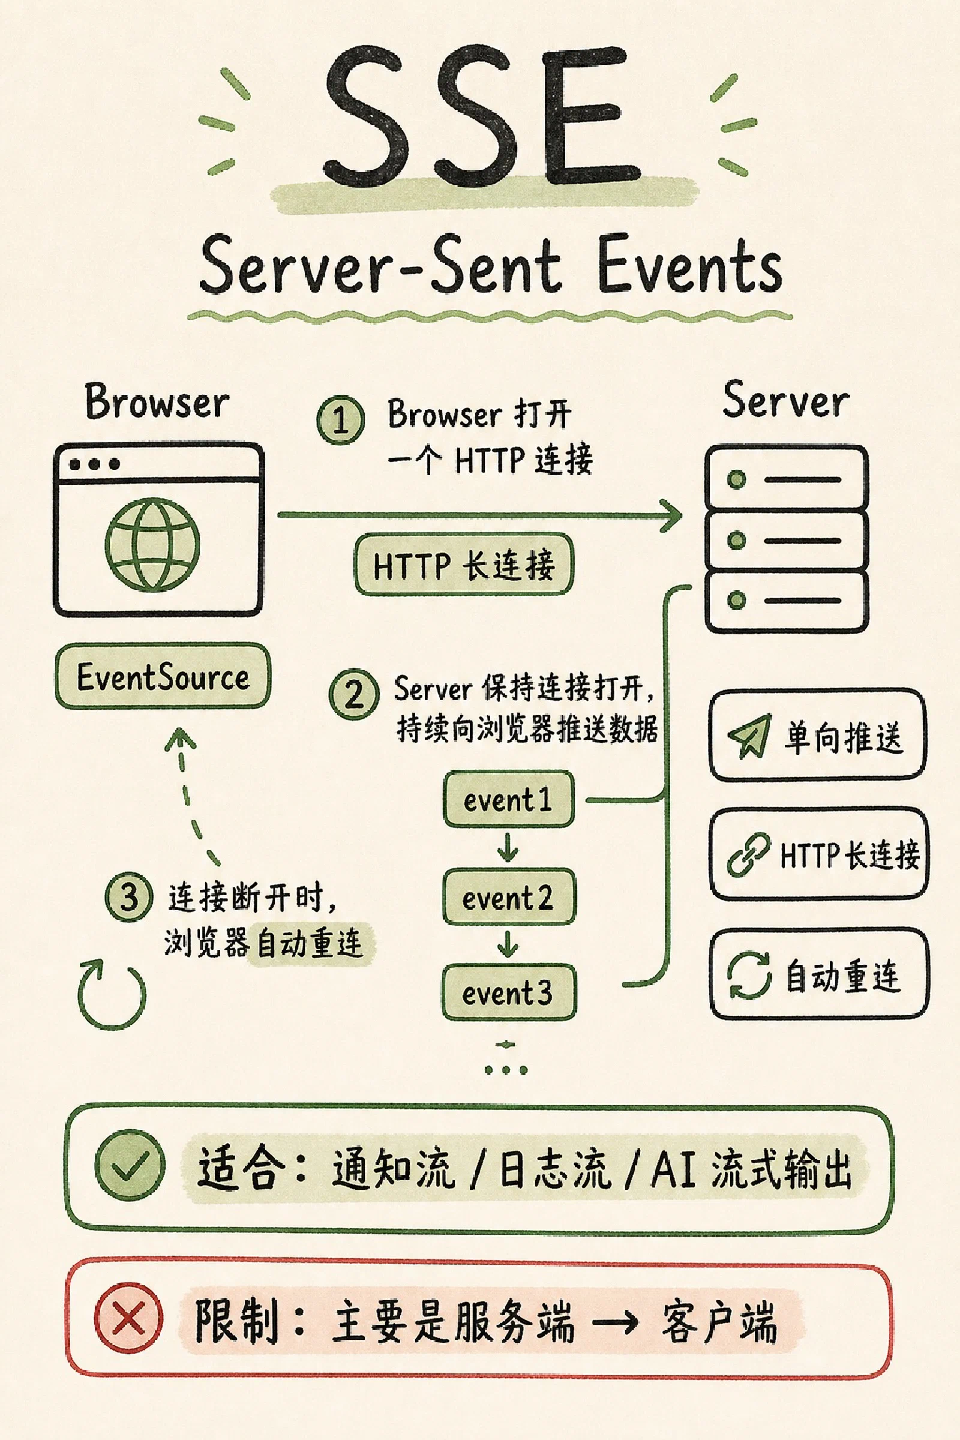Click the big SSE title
click(x=482, y=116)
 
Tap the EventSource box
click(x=163, y=676)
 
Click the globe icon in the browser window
click(x=152, y=544)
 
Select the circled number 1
click(x=340, y=420)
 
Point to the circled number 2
click(x=353, y=694)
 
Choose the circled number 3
click(x=128, y=898)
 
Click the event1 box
click(x=508, y=799)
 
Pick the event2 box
click(x=509, y=897)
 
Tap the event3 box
click(x=509, y=992)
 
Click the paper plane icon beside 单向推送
click(x=749, y=736)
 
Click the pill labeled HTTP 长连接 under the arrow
click(x=463, y=564)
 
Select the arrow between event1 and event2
click(x=508, y=847)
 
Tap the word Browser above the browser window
click(x=157, y=401)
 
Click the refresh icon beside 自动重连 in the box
click(x=749, y=976)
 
